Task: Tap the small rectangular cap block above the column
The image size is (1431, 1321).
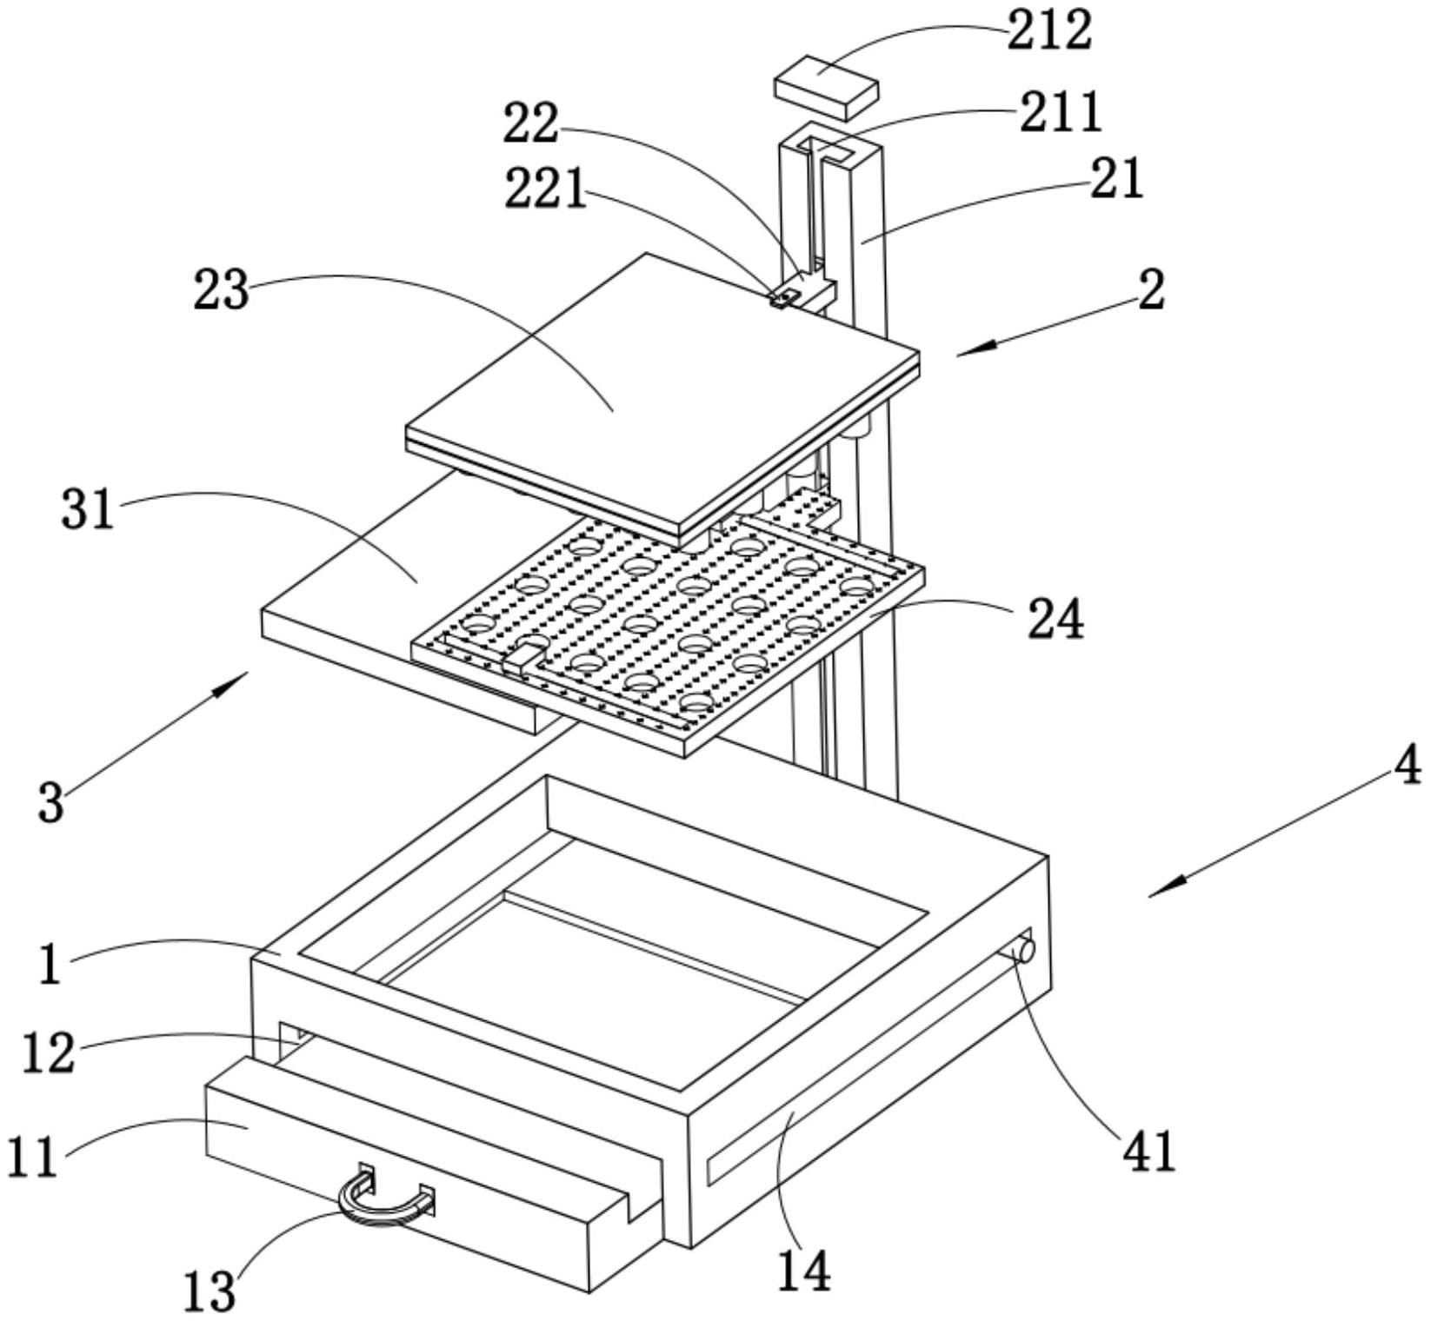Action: point(826,88)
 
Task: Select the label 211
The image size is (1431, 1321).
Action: point(1060,113)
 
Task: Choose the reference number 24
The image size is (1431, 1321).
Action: point(1055,620)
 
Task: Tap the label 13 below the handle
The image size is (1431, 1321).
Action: point(210,1291)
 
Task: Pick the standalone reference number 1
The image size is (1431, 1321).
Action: point(50,966)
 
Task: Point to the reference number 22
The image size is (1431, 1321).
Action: point(531,124)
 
